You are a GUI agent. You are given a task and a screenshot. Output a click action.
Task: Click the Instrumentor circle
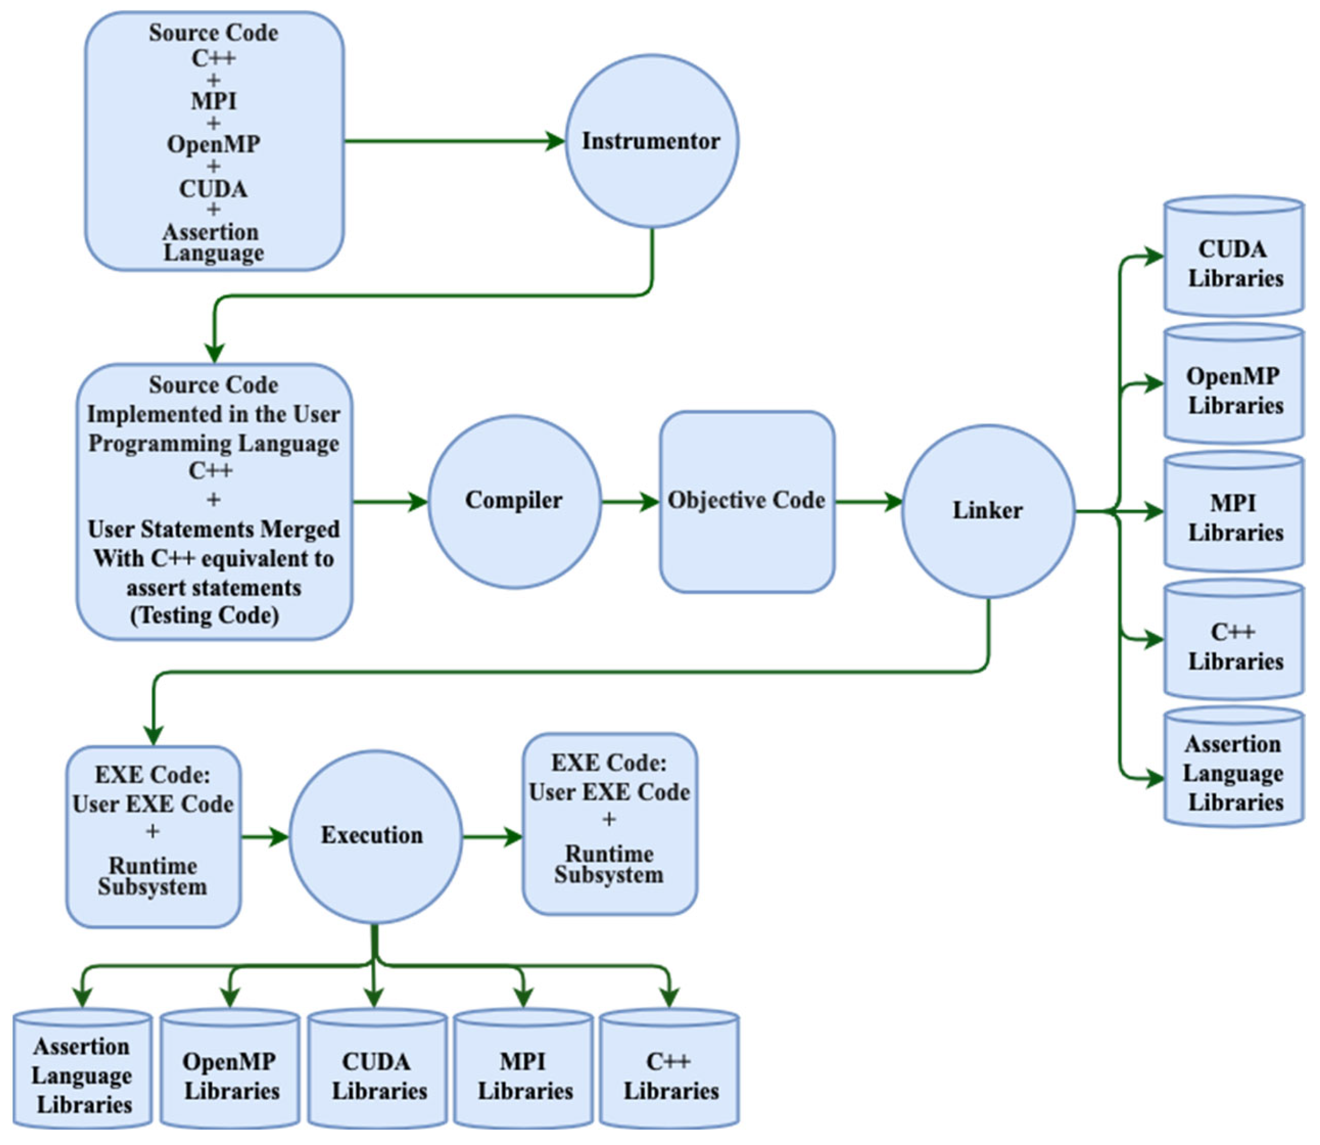(651, 141)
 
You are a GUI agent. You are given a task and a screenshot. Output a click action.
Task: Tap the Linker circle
(988, 511)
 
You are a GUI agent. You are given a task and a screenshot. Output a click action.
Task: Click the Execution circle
(375, 836)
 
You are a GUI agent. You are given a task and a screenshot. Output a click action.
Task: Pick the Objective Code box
(746, 502)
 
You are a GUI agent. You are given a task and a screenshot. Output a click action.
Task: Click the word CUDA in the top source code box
(213, 189)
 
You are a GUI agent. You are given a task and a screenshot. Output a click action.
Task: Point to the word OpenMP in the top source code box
(213, 144)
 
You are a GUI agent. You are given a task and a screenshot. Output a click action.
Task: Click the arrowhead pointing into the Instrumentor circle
(555, 141)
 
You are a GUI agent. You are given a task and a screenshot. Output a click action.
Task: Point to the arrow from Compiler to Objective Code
(629, 502)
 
